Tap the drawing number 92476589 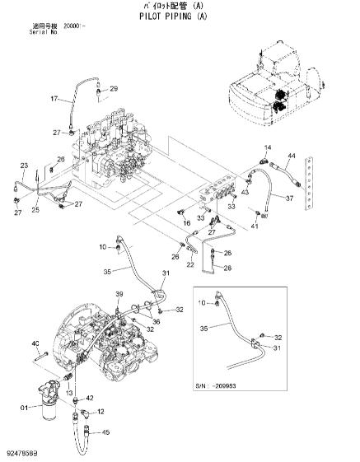pyautogui.click(x=25, y=453)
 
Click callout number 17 pyautogui.click(x=55, y=99)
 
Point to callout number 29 pyautogui.click(x=114, y=88)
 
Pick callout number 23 pyautogui.click(x=24, y=166)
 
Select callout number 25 pyautogui.click(x=35, y=210)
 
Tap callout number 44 pyautogui.click(x=292, y=155)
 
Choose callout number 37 pyautogui.click(x=289, y=198)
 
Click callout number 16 pyautogui.click(x=187, y=222)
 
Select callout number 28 pyautogui.click(x=228, y=268)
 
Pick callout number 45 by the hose pyautogui.click(x=105, y=432)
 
